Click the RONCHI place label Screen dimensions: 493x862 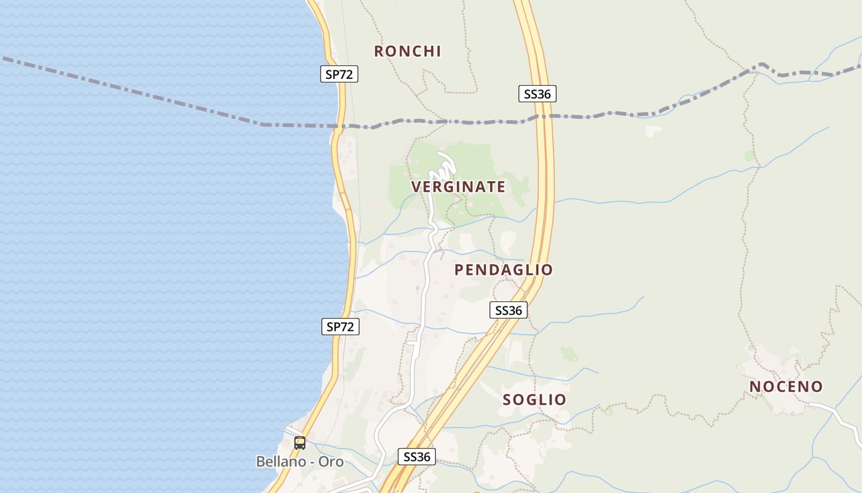click(x=408, y=51)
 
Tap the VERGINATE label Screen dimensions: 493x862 click(x=458, y=187)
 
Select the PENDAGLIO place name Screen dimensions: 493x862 click(x=504, y=270)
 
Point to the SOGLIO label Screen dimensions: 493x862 click(x=534, y=399)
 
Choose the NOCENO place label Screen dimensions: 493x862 click(x=786, y=386)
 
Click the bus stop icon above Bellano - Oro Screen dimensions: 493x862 click(x=300, y=442)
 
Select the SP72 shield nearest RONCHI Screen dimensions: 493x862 click(x=339, y=74)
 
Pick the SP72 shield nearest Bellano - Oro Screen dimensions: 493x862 click(x=340, y=327)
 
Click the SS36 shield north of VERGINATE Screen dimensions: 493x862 click(x=537, y=94)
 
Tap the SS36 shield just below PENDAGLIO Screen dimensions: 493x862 click(x=509, y=310)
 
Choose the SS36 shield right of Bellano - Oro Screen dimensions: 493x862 click(x=417, y=457)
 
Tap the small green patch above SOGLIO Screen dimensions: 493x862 click(x=569, y=354)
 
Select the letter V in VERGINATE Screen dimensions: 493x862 click(x=416, y=187)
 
